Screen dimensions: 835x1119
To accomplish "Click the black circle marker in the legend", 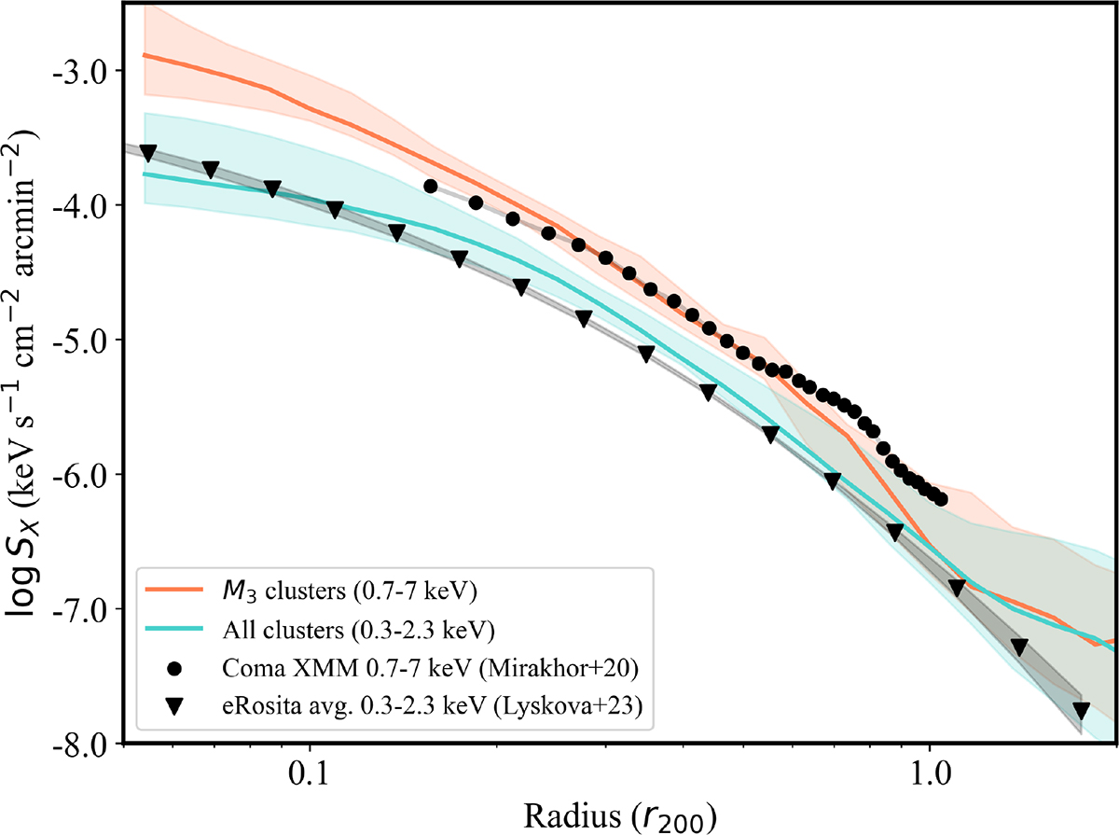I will [x=173, y=671].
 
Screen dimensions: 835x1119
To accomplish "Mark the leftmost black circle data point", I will [x=430, y=187].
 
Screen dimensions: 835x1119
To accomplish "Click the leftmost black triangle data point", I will [x=147, y=152].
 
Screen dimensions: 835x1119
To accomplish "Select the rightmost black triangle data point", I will [x=1081, y=710].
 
